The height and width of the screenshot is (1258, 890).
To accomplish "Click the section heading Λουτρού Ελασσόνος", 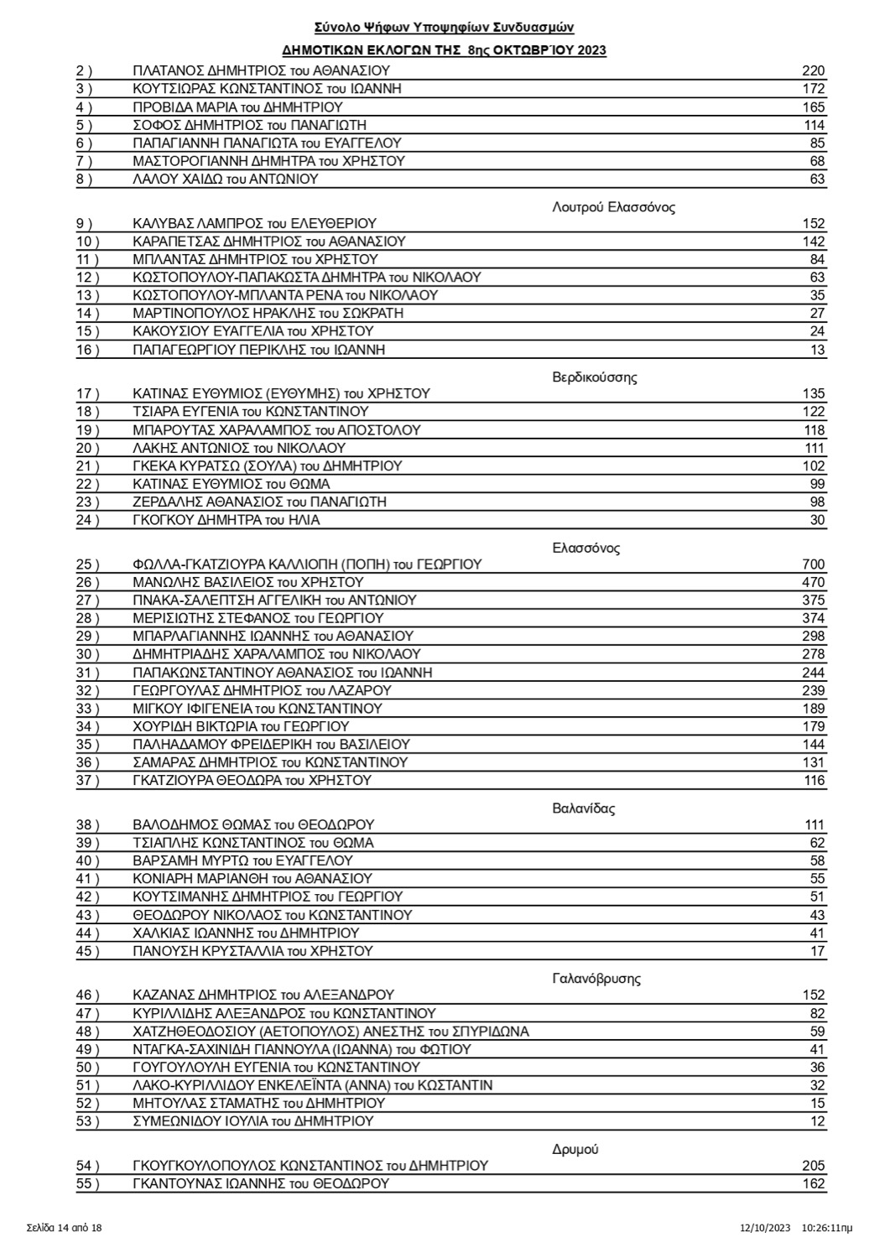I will [614, 207].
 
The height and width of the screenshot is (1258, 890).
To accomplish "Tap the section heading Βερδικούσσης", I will [594, 377].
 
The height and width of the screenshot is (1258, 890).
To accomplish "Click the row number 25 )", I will [87, 564].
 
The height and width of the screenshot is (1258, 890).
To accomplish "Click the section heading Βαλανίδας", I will [584, 809].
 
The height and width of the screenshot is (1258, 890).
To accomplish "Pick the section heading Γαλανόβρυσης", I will [596, 979].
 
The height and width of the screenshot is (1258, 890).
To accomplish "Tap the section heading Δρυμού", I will [575, 1149].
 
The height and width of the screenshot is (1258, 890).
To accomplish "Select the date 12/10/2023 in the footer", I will [763, 1228].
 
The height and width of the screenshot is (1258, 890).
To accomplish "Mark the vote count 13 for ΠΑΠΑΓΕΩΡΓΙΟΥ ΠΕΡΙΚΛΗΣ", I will [817, 350].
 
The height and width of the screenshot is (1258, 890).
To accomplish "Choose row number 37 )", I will [87, 780].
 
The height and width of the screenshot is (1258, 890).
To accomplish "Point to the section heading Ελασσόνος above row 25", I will [586, 548].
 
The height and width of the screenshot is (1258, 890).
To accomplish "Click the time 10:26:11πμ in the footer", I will [826, 1228].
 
